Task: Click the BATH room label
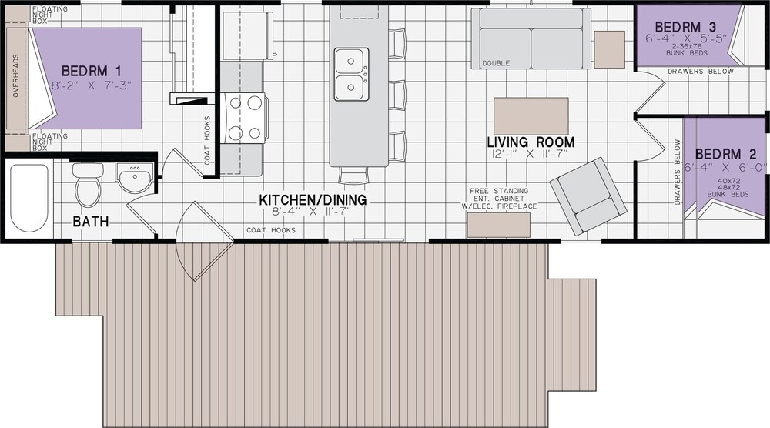pos(91,222)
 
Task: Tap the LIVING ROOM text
pos(531,142)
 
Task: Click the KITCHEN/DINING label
pos(313,200)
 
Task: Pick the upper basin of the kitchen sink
pos(352,62)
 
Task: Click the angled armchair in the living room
pos(588,196)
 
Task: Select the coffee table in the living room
pos(531,115)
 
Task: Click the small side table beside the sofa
pos(609,49)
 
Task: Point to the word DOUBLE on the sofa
pos(495,63)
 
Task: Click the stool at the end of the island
pos(353,176)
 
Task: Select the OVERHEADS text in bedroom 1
pos(15,75)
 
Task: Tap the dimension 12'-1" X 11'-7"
pos(530,154)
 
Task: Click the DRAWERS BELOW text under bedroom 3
pos(701,71)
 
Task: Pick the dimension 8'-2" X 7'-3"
pos(92,85)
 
